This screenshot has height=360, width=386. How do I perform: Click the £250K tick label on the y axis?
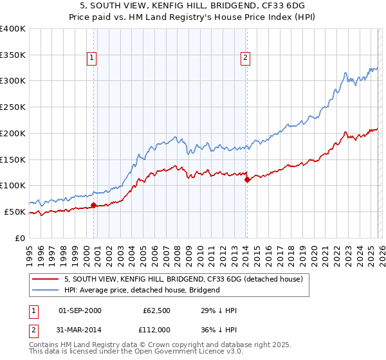13,107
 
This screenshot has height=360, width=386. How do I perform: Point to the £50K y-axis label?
15,212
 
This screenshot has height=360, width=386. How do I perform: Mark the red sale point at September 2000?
93,205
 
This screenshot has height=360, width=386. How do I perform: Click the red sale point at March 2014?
247,179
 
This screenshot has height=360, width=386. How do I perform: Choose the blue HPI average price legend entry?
142,290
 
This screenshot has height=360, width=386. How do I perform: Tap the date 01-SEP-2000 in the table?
80,310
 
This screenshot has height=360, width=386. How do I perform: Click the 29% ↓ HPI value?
219,310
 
